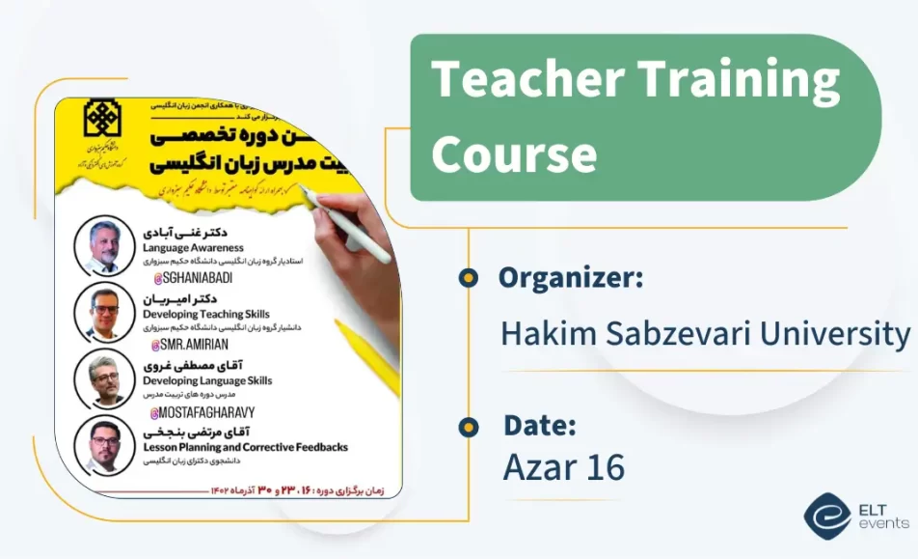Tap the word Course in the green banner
[514, 153]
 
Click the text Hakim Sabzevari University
[705, 334]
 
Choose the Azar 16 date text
[563, 467]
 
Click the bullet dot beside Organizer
[469, 278]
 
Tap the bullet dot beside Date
[469, 426]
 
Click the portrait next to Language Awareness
[104, 246]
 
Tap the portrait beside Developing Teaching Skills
[104, 312]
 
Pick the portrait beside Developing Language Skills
[104, 379]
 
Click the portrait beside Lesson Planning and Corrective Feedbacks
[104, 445]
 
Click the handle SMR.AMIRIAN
[190, 345]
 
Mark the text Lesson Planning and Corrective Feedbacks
[245, 448]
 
